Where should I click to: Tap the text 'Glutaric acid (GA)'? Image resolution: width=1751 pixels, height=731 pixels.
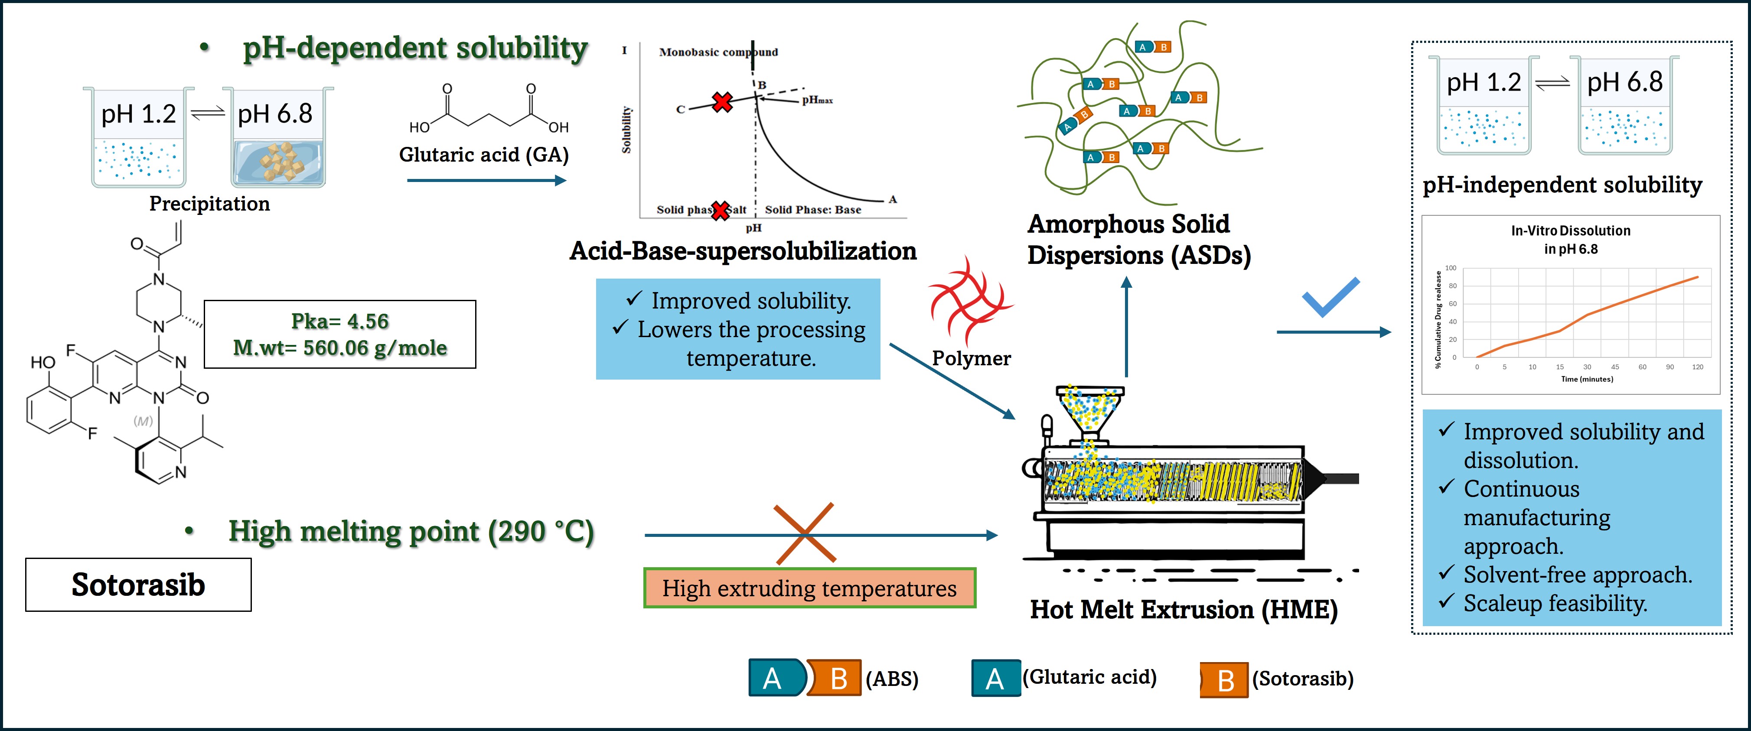coord(483,155)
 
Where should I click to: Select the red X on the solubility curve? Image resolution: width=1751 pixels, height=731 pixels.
coord(722,102)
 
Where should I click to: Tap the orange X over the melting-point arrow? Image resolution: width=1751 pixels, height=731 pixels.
coord(805,534)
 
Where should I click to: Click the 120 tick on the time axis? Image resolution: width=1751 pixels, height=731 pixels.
coord(1697,367)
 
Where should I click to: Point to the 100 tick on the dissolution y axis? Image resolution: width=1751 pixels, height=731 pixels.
coord(1451,268)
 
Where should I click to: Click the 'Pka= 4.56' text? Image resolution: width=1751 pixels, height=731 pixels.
coord(340,322)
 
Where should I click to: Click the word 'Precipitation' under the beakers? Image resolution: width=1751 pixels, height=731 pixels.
coord(209,204)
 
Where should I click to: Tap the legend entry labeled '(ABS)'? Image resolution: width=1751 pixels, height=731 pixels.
coord(891,679)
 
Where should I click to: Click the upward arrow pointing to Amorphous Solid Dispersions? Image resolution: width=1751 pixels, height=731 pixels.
coord(1126,326)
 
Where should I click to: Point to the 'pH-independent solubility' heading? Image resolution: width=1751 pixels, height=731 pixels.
coord(1562,185)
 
